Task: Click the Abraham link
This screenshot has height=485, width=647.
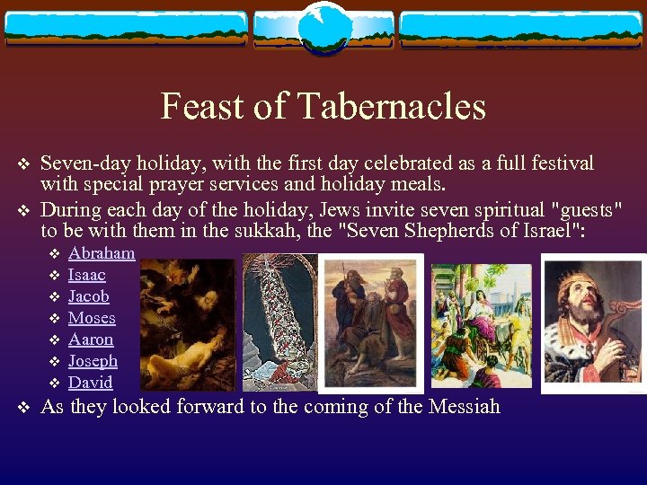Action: pyautogui.click(x=102, y=253)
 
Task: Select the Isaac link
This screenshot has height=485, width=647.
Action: pyautogui.click(x=87, y=275)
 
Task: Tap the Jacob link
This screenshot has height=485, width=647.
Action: pyautogui.click(x=89, y=296)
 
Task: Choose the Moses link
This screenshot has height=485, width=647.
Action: pyautogui.click(x=92, y=318)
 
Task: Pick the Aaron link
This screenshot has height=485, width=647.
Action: pyautogui.click(x=91, y=339)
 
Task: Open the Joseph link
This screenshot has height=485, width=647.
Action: pyautogui.click(x=93, y=361)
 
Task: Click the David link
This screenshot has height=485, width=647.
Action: pyautogui.click(x=91, y=383)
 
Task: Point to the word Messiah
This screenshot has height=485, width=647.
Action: pyautogui.click(x=460, y=407)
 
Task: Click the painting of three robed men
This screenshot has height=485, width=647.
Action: pyautogui.click(x=371, y=323)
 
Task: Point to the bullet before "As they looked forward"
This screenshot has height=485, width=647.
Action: pyautogui.click(x=25, y=408)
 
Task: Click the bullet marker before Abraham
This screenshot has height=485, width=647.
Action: pyautogui.click(x=53, y=254)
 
